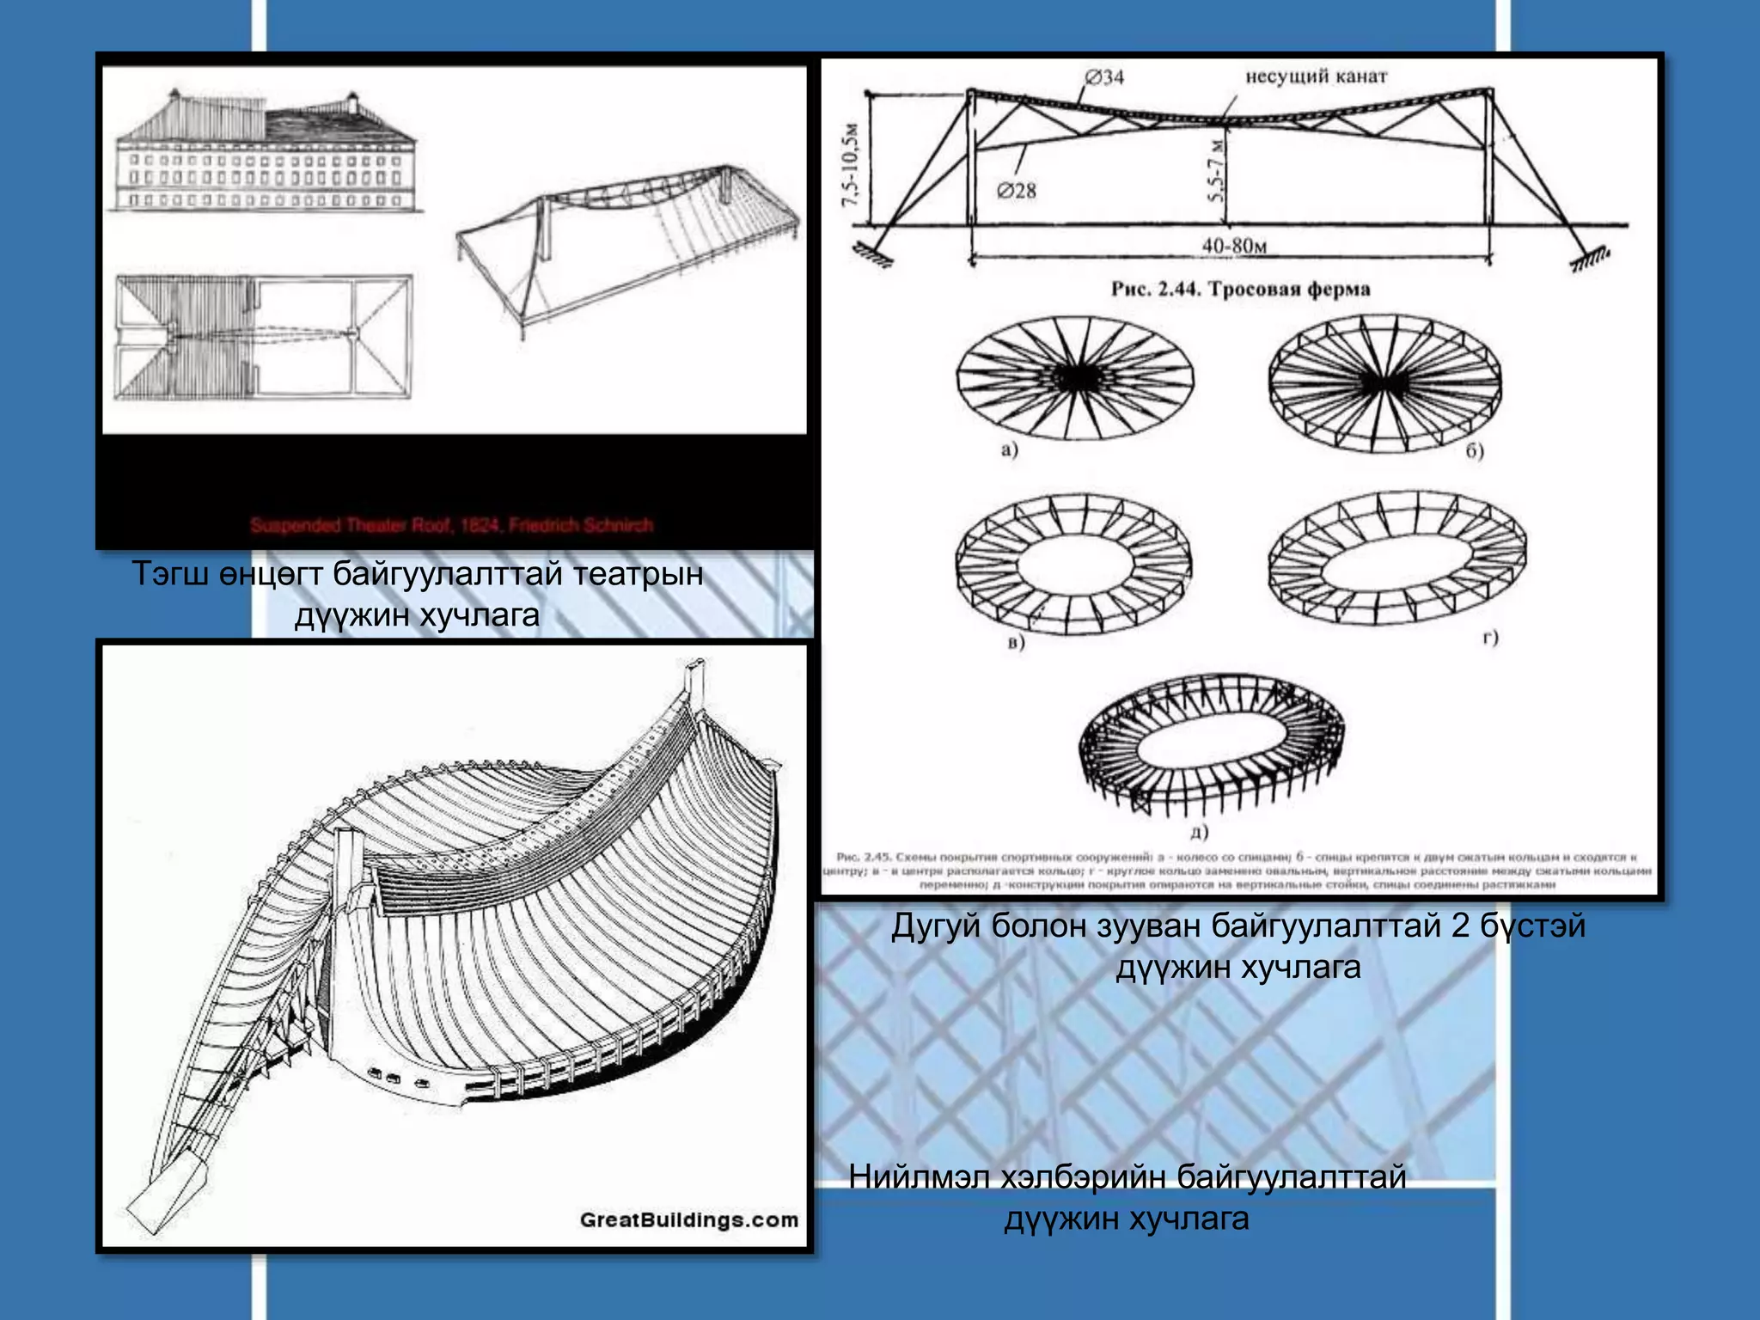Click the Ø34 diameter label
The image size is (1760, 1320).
[1104, 77]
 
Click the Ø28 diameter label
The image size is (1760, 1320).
[1017, 191]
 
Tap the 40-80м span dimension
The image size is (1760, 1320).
[1234, 246]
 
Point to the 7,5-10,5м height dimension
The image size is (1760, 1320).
[851, 163]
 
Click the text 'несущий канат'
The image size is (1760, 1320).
[1316, 76]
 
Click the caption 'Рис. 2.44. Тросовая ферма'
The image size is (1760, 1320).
[1240, 289]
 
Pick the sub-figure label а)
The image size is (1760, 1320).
[1010, 449]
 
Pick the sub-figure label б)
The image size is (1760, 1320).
[1475, 451]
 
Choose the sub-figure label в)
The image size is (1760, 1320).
[1016, 642]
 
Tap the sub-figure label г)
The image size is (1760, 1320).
[1491, 637]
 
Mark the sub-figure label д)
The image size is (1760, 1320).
[1200, 831]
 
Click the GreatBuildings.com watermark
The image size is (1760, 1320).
[688, 1219]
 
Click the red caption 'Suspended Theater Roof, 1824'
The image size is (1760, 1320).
[451, 525]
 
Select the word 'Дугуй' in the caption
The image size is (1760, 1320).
[935, 926]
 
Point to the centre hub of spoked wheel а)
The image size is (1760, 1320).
[1075, 376]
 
